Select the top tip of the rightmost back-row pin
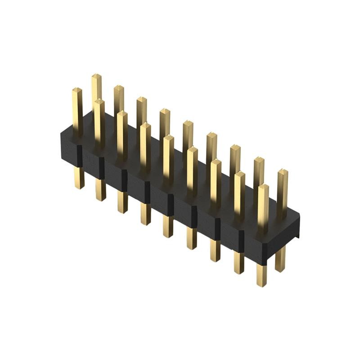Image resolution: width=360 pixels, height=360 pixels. point(282,171)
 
